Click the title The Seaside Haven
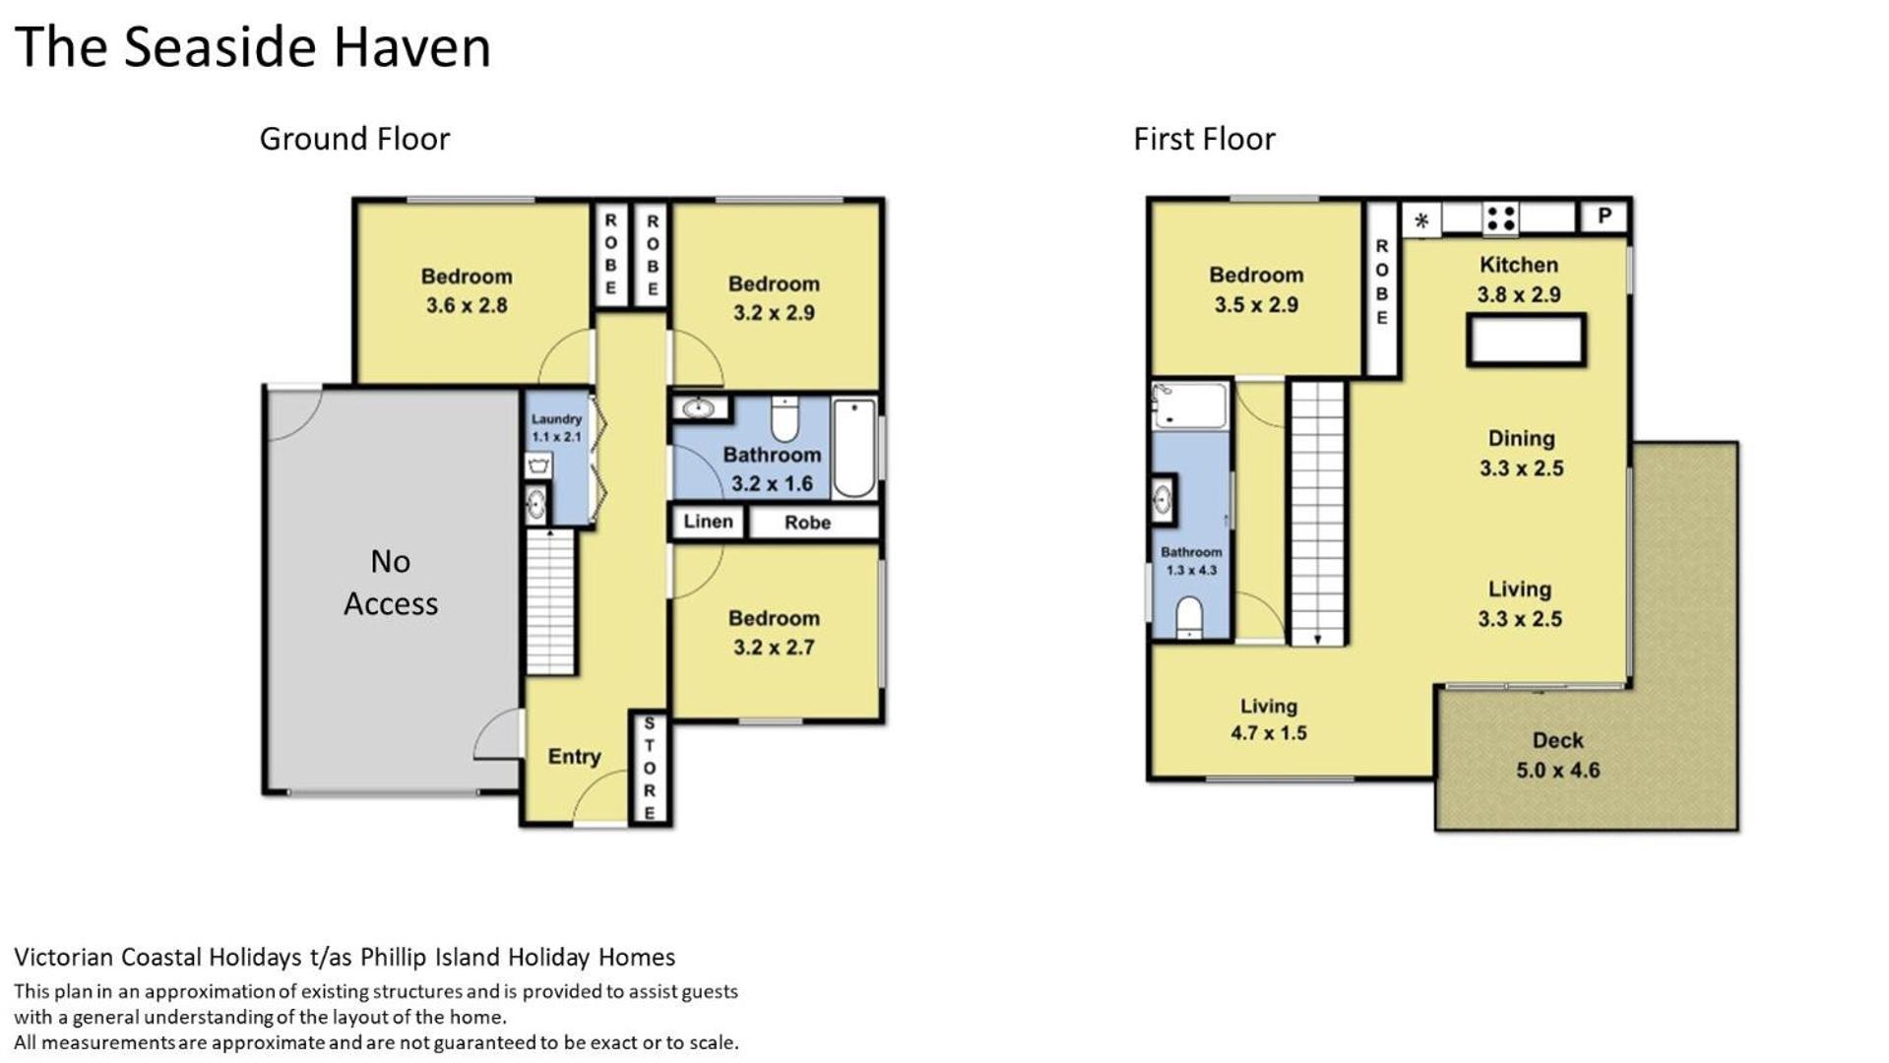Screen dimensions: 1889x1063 [252, 46]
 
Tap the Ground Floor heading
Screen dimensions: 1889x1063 [354, 139]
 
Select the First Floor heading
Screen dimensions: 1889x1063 [1204, 139]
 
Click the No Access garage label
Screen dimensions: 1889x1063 [391, 582]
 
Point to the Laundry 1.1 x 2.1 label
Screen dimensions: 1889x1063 [556, 427]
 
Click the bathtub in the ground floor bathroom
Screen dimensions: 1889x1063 [853, 448]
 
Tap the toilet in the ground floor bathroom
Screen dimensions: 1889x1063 [785, 419]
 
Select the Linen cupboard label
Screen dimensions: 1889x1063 [708, 522]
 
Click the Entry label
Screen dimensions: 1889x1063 [574, 756]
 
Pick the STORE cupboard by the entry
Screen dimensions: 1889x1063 [649, 768]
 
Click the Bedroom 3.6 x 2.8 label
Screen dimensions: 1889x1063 [467, 290]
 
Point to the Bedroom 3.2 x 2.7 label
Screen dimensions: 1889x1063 [774, 632]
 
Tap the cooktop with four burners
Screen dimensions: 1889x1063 [1500, 218]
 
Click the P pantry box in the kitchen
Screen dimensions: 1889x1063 [1605, 216]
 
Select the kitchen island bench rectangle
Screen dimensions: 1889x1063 [1525, 341]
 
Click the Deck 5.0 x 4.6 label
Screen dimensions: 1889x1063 [1557, 755]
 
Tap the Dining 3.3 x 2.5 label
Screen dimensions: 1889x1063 [1521, 453]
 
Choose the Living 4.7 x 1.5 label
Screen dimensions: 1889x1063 [1268, 719]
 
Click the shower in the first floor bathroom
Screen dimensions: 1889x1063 [1190, 406]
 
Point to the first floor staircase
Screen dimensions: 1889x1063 [1317, 513]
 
